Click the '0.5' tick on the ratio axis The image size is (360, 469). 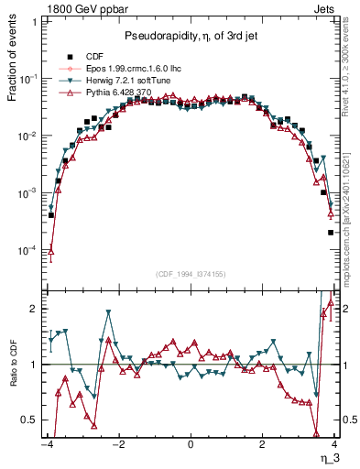click(29, 420)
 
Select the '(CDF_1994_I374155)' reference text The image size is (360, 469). click(190, 272)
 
